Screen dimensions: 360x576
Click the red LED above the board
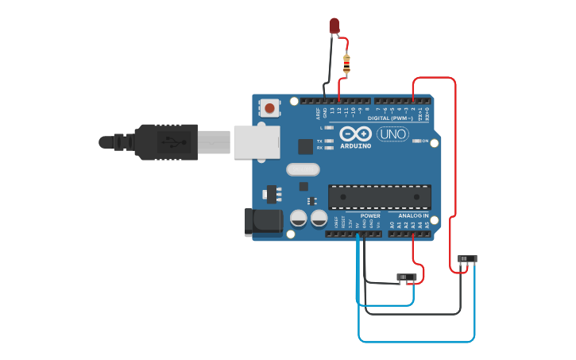pyautogui.click(x=334, y=26)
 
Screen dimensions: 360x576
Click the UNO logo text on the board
pyautogui.click(x=392, y=134)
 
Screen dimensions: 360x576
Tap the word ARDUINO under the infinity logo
pyautogui.click(x=355, y=146)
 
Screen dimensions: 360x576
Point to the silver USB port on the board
pyautogui.click(x=257, y=141)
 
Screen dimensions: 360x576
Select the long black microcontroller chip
pyautogui.click(x=379, y=197)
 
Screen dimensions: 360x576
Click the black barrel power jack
pyautogui.click(x=264, y=222)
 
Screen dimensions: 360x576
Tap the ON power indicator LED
pyautogui.click(x=417, y=141)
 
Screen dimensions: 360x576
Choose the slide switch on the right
pyautogui.click(x=468, y=258)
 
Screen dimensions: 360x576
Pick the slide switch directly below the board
pyautogui.click(x=406, y=277)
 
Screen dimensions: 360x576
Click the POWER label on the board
pyautogui.click(x=370, y=215)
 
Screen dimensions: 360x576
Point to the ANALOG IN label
pyautogui.click(x=412, y=215)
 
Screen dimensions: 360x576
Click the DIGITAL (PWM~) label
pyautogui.click(x=390, y=118)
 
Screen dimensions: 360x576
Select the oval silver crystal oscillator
pyautogui.click(x=303, y=169)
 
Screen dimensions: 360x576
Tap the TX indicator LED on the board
pyautogui.click(x=329, y=141)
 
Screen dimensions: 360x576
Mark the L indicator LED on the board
pyautogui.click(x=329, y=127)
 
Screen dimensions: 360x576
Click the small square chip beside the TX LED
pyautogui.click(x=305, y=146)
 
